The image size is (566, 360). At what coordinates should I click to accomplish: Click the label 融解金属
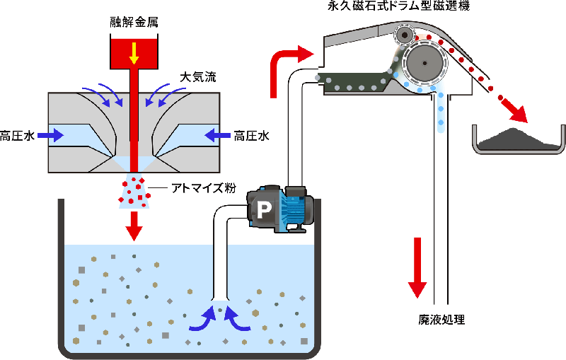[x=134, y=22]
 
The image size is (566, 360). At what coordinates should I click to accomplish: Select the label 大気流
[x=195, y=76]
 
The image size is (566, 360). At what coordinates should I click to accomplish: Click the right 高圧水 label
[x=254, y=134]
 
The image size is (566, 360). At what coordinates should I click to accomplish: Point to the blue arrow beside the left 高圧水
[x=50, y=133]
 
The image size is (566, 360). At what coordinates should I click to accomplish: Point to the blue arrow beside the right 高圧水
[x=217, y=133]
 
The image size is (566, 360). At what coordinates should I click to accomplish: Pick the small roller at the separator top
[x=405, y=35]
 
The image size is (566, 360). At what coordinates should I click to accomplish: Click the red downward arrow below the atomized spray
[x=134, y=226]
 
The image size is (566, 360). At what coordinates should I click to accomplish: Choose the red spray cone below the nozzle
[x=134, y=190]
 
